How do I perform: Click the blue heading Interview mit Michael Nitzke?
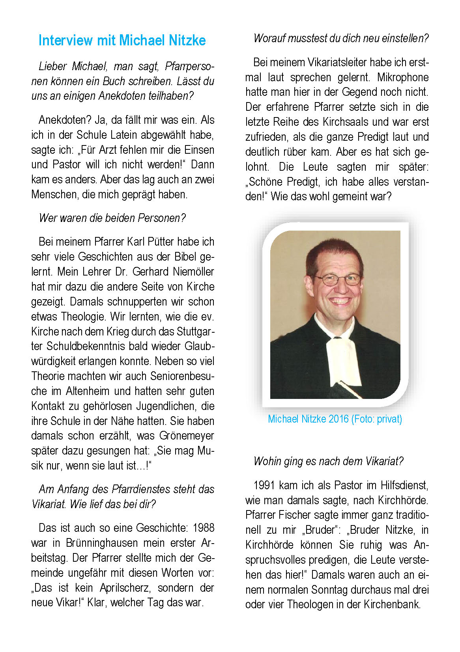(x=122, y=40)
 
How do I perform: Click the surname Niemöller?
(x=193, y=272)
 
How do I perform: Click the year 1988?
(x=204, y=528)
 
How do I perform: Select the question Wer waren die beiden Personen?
(x=112, y=218)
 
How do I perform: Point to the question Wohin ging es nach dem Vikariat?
(x=328, y=461)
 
